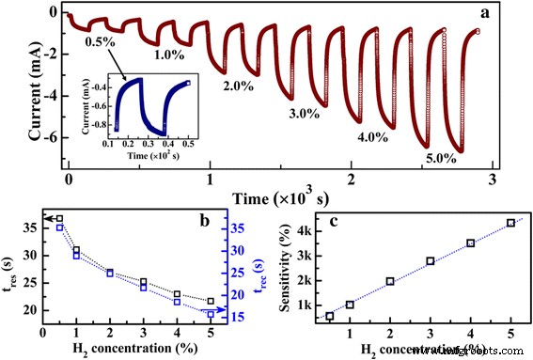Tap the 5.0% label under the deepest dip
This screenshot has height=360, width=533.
[437, 159]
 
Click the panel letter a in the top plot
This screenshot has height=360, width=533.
[511, 13]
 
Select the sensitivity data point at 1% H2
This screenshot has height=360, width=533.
[351, 305]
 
